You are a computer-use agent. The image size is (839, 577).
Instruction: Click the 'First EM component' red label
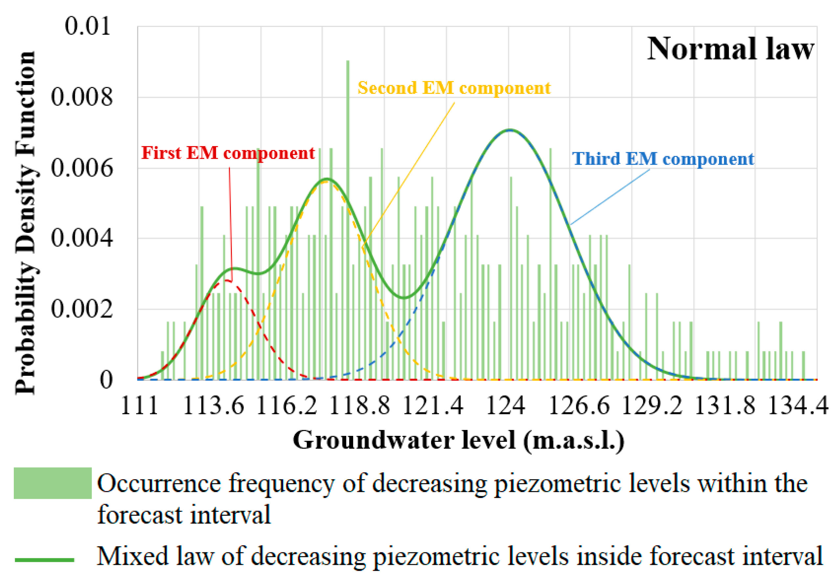(228, 153)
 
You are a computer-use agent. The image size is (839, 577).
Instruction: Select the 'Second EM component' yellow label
(454, 88)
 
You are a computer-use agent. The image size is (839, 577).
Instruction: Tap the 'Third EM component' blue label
(663, 159)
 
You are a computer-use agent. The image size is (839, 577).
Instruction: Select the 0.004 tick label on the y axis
(81, 238)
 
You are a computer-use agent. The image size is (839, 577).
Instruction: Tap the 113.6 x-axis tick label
(214, 405)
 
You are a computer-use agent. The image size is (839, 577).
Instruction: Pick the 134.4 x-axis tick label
(797, 405)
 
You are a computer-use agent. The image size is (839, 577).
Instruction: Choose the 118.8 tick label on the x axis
(360, 405)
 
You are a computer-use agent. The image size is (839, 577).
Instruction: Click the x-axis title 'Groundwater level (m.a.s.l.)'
(458, 440)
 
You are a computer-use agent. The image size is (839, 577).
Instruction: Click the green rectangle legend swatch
(53, 483)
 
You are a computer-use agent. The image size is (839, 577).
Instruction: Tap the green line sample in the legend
(44, 560)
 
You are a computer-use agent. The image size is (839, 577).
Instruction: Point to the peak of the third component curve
(510, 130)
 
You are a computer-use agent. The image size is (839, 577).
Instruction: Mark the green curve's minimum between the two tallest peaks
(404, 298)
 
